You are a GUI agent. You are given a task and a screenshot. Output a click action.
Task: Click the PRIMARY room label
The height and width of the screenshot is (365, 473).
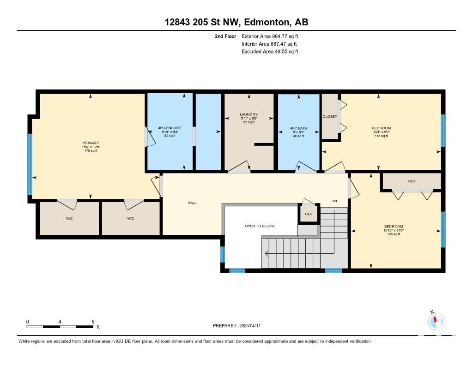pos(91,143)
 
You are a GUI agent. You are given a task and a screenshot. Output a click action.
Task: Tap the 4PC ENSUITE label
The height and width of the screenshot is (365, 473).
pos(170,128)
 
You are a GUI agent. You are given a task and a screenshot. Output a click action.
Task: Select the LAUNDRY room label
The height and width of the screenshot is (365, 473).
pos(249,114)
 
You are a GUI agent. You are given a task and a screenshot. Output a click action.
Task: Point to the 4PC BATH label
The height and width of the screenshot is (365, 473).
pos(299,128)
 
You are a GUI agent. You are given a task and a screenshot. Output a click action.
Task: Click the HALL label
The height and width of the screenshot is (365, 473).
pos(192,203)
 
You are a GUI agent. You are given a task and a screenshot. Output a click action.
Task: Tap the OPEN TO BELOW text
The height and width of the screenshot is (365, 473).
pos(260,226)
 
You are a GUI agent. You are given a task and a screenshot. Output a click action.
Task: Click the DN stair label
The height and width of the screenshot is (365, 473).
pos(334,201)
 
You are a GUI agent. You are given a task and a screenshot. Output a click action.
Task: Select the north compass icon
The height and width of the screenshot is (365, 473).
pos(436,321)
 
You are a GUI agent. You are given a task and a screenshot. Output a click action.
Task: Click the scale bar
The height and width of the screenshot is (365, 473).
pos(60,326)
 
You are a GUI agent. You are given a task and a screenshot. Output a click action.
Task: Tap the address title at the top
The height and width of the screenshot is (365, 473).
pos(236,22)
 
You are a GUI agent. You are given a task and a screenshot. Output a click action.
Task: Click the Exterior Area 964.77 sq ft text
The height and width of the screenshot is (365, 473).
pos(270,36)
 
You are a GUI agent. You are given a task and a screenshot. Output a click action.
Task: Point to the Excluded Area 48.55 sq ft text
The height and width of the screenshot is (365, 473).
pos(270,52)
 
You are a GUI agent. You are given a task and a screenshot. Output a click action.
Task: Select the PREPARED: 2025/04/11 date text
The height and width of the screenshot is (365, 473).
pos(237,325)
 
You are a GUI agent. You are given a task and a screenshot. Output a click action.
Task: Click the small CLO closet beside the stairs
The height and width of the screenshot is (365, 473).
pos(309,214)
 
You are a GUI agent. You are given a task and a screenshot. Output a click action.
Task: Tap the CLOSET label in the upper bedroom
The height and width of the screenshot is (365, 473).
pos(330,116)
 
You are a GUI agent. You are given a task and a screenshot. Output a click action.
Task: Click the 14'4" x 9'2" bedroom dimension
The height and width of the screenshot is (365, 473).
pos(381,132)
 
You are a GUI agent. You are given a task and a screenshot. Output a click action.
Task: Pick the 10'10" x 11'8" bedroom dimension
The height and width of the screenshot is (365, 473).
pos(394,230)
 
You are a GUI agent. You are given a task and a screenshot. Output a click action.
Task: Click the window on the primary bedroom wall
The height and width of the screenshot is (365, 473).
pos(30,165)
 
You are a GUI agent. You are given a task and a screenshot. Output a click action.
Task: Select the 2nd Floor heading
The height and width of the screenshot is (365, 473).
pos(225,36)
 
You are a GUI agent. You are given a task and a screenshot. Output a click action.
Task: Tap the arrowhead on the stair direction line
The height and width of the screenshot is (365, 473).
pos(267,254)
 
